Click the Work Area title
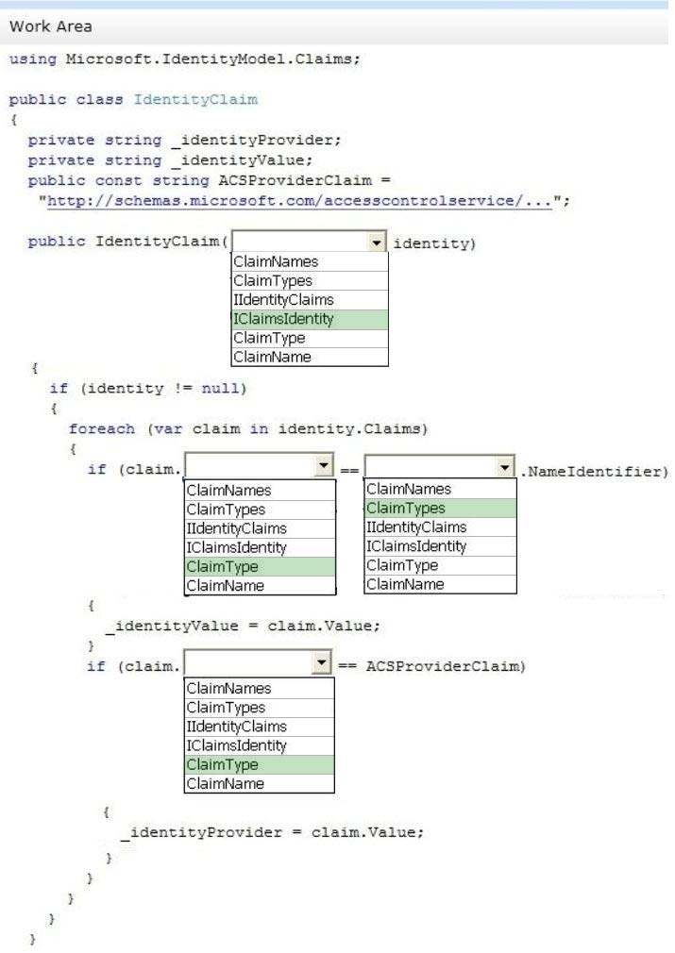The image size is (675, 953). (x=51, y=26)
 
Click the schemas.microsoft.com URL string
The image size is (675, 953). (x=299, y=201)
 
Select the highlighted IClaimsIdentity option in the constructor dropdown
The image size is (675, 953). (x=310, y=319)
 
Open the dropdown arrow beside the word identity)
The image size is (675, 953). (x=377, y=242)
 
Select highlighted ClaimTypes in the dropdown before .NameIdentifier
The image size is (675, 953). (x=440, y=508)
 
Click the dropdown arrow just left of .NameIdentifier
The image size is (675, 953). (x=505, y=467)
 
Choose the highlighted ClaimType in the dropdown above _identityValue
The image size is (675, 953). (x=260, y=566)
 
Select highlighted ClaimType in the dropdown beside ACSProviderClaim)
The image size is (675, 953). (x=259, y=764)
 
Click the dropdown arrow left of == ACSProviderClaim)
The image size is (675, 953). (x=321, y=662)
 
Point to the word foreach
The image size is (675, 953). (x=102, y=428)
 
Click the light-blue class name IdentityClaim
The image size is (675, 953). (x=195, y=99)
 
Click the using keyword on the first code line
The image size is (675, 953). (x=33, y=59)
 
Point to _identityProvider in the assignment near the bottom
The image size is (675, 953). (x=201, y=832)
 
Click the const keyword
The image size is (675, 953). (x=119, y=180)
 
